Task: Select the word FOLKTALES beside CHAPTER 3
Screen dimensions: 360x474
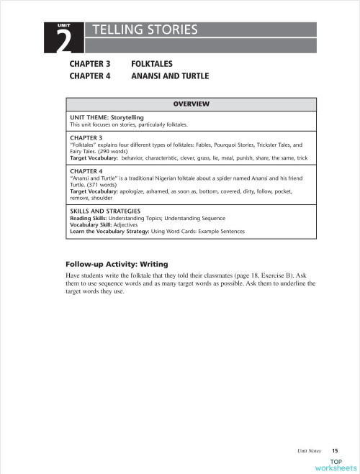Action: pos(151,64)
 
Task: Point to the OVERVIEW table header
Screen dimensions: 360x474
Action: pos(191,104)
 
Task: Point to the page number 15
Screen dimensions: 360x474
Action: pos(335,450)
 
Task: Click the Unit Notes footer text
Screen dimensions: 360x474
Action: pos(310,450)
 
